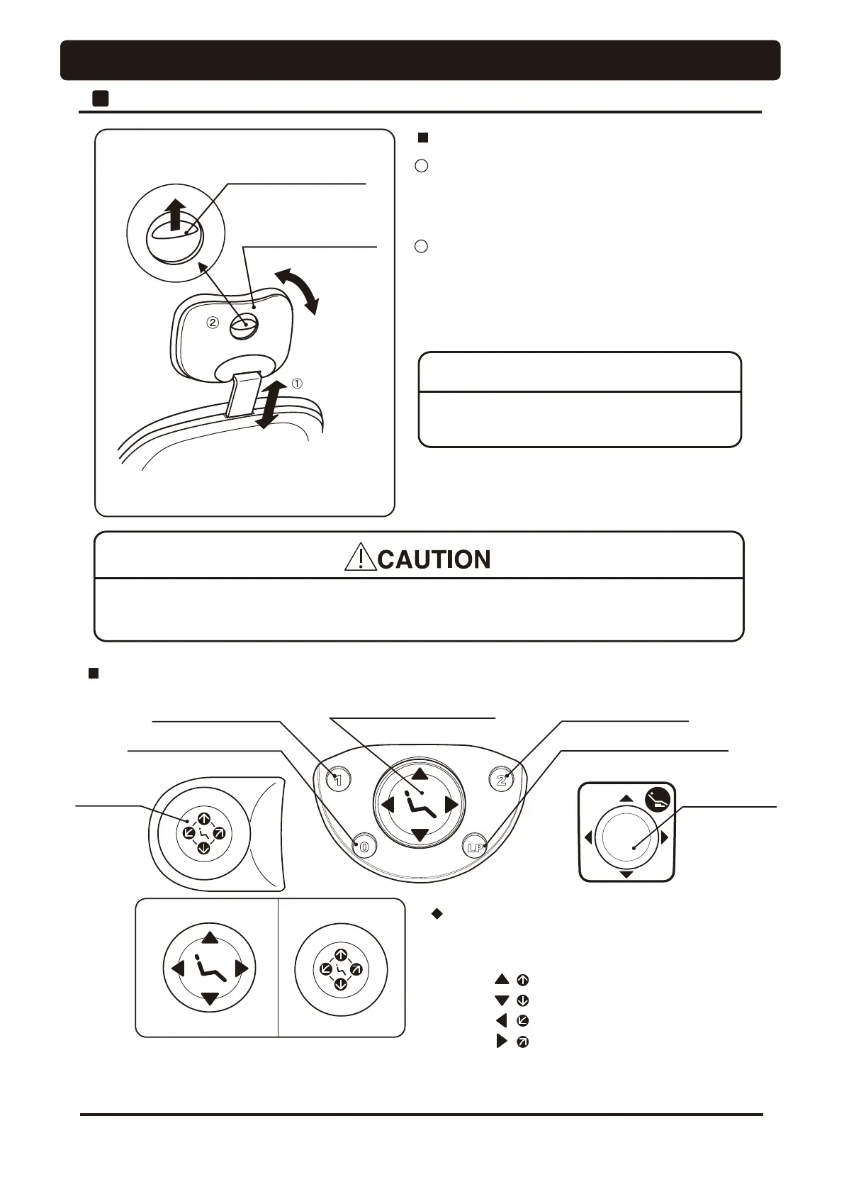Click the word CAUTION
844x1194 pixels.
(434, 559)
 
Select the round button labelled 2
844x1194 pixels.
(501, 780)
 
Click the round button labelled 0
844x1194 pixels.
(364, 846)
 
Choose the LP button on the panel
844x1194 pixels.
(475, 846)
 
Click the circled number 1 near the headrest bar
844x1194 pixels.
(298, 384)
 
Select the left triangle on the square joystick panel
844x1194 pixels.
(588, 838)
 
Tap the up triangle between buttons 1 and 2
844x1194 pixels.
(420, 774)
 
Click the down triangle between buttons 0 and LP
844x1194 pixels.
(420, 835)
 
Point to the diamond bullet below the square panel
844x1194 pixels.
(437, 915)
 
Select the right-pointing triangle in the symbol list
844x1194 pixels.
(502, 1042)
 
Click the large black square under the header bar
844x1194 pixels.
(100, 98)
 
